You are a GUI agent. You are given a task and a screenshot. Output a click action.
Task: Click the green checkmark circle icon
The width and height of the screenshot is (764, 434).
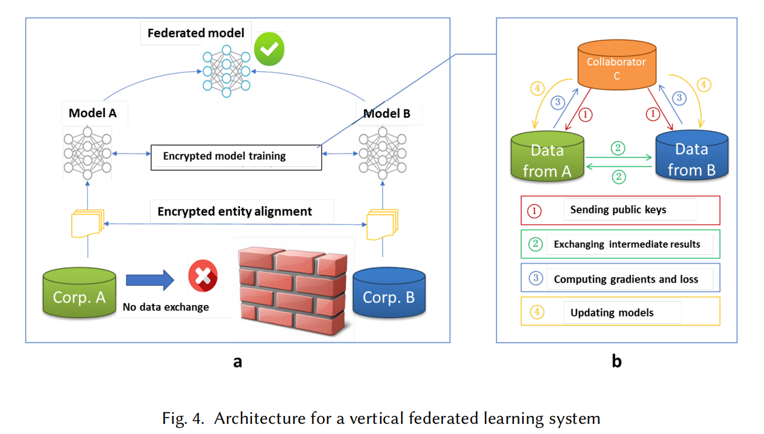pyautogui.click(x=269, y=49)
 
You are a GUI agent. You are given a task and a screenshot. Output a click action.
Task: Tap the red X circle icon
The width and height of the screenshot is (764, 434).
pyautogui.click(x=203, y=275)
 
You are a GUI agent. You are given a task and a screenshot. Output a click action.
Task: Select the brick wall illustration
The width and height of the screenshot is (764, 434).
pyautogui.click(x=293, y=291)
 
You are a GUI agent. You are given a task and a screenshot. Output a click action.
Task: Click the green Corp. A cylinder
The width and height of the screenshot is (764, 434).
pyautogui.click(x=79, y=293)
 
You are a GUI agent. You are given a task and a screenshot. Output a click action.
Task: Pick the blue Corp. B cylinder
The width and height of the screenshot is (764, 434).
pyautogui.click(x=389, y=293)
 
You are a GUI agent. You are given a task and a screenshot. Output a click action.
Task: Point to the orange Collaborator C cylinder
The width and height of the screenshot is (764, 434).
pyautogui.click(x=616, y=65)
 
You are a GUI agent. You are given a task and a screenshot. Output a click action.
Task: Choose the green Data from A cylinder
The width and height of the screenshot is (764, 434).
pyautogui.click(x=547, y=156)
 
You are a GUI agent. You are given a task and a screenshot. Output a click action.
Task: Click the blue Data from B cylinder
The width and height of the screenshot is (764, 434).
pyautogui.click(x=692, y=156)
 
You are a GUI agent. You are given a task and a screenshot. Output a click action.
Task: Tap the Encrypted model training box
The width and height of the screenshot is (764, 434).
pyautogui.click(x=236, y=157)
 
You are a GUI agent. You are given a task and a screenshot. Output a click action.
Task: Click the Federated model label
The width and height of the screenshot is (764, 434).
pyautogui.click(x=196, y=33)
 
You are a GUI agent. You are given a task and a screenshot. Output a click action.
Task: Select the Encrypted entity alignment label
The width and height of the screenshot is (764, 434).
pyautogui.click(x=234, y=212)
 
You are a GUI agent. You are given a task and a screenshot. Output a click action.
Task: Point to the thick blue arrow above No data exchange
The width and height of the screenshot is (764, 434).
pyautogui.click(x=150, y=280)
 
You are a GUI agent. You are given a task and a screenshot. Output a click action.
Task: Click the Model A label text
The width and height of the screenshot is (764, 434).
pyautogui.click(x=92, y=113)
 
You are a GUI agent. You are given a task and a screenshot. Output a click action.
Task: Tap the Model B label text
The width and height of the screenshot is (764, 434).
pyautogui.click(x=386, y=113)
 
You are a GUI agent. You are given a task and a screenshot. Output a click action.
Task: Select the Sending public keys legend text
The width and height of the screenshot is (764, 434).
pyautogui.click(x=618, y=210)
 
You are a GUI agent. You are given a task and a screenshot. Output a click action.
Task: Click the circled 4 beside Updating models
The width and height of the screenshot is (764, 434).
pyautogui.click(x=537, y=312)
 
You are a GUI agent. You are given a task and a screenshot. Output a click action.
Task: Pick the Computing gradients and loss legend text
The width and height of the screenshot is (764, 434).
pyautogui.click(x=626, y=279)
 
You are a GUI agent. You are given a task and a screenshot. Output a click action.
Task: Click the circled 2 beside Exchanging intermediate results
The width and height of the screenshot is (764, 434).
pyautogui.click(x=536, y=244)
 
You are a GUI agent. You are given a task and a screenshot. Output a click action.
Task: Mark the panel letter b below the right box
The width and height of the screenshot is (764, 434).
pyautogui.click(x=616, y=361)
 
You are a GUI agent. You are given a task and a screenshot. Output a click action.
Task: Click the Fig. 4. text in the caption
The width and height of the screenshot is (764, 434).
pyautogui.click(x=183, y=418)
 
